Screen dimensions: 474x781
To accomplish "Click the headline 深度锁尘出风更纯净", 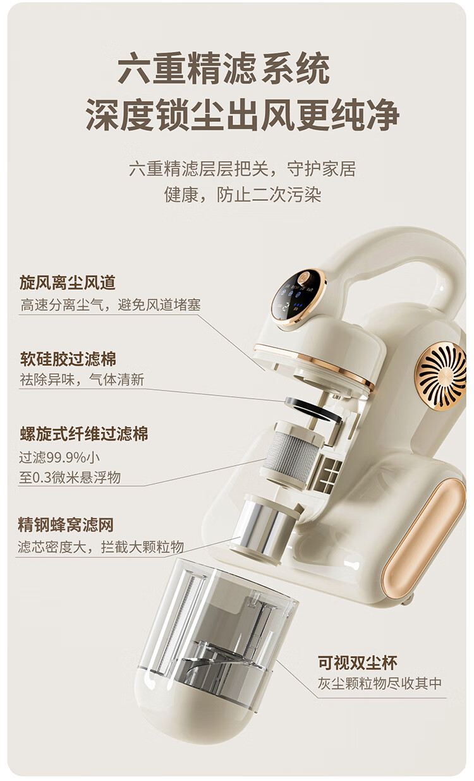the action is pos(243,115).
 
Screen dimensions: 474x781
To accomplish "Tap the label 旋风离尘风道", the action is pos(68,282).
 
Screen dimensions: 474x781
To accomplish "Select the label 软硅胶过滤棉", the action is pos(68,359).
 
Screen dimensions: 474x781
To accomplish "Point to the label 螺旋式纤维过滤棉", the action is pos(83,434).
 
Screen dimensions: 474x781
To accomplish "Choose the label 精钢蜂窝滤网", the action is pos(66,525).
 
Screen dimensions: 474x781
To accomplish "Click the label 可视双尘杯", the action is pos(357,662).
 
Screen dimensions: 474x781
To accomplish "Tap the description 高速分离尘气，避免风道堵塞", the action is pos(111,305).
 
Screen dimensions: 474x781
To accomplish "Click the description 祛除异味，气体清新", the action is pos(82,380).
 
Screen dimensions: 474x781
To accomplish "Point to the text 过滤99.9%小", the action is pos(59,457).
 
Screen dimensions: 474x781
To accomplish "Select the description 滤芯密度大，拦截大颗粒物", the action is pos(100,547).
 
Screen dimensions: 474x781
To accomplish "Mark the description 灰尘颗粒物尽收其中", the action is pos(379,684).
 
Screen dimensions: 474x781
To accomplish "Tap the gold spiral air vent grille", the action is pos(442,378).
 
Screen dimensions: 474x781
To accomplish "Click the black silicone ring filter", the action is pos(313,410).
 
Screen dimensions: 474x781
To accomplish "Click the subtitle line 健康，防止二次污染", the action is pos(243,195).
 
